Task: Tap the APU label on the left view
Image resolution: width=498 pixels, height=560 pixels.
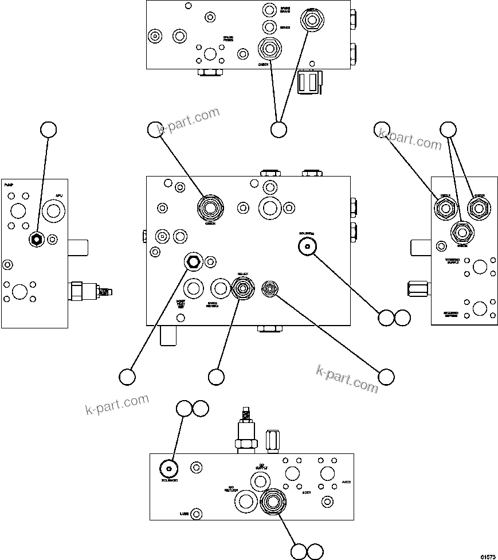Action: (58, 196)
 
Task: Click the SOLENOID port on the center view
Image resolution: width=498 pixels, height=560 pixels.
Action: (308, 246)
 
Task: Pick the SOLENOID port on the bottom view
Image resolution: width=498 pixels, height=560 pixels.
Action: (168, 468)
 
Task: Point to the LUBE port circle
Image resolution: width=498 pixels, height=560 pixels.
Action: (197, 514)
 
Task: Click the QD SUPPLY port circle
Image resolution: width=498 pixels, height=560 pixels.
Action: (292, 473)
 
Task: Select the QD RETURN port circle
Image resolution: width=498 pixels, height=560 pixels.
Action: (245, 502)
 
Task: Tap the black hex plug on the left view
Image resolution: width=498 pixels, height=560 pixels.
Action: (36, 240)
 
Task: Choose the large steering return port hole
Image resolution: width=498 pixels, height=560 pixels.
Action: (479, 308)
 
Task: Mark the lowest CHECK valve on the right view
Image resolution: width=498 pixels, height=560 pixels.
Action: (462, 233)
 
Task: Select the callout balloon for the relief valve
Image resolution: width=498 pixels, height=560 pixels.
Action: (216, 377)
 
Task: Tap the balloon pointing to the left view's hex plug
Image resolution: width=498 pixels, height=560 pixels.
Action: (49, 130)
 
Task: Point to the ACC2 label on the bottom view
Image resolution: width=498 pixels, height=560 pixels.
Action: (346, 482)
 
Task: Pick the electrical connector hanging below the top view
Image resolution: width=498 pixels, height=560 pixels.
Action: (310, 81)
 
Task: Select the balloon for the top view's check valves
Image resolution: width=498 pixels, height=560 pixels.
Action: (278, 130)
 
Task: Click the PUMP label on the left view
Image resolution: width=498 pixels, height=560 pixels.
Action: (9, 186)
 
